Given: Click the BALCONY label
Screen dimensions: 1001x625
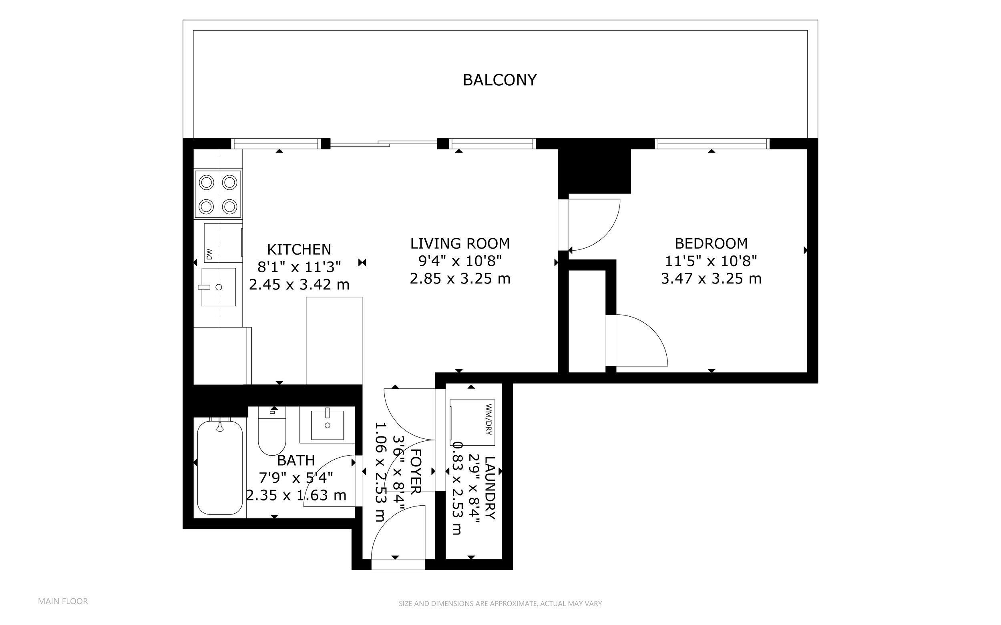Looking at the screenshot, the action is [500, 80].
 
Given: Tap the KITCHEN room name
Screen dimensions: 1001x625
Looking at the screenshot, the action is [299, 250].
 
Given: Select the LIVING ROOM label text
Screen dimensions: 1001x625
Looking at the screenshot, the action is [460, 243].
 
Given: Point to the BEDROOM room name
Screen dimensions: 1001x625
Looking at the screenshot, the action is [711, 243].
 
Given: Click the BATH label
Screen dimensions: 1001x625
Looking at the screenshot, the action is [296, 460].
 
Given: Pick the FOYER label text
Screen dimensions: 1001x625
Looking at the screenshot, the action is [415, 471].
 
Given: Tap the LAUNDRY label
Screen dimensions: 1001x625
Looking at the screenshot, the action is [489, 488].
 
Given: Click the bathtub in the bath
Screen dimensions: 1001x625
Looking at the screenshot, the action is [219, 467].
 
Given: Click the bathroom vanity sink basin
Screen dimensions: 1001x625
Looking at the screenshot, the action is [328, 424].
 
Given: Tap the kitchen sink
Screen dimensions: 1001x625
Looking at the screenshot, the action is [219, 287].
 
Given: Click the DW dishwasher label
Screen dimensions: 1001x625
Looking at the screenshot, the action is [209, 254].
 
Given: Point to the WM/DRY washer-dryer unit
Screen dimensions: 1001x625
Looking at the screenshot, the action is [472, 422].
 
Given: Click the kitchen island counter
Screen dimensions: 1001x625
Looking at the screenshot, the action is [334, 341].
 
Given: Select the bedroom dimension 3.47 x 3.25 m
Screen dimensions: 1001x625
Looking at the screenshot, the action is [711, 279].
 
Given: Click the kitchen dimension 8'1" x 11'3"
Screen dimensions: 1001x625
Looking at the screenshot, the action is [299, 267].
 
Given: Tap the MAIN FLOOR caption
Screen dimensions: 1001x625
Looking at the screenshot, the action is [63, 601].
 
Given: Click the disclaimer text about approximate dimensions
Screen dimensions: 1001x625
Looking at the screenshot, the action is [500, 603].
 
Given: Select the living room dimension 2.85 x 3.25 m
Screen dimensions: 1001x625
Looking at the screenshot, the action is [460, 279].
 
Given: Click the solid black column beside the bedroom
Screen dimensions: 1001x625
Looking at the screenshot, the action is [594, 171].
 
